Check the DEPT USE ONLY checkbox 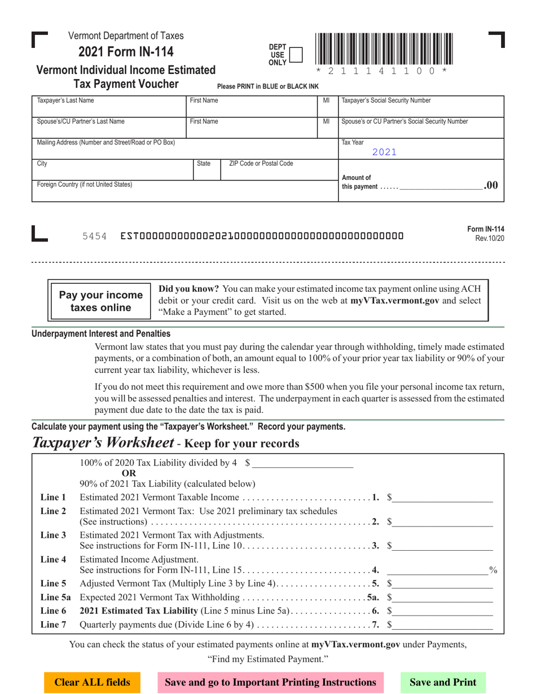pyautogui.click(x=295, y=55)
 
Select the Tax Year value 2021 pyautogui.click(x=384, y=151)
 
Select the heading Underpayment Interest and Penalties pyautogui.click(x=101, y=334)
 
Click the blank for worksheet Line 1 pyautogui.click(x=443, y=498)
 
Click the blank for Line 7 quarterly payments pyautogui.click(x=443, y=625)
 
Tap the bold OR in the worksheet pyautogui.click(x=129, y=473)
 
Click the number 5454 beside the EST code pyautogui.click(x=95, y=236)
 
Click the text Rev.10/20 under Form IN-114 pyautogui.click(x=489, y=239)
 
